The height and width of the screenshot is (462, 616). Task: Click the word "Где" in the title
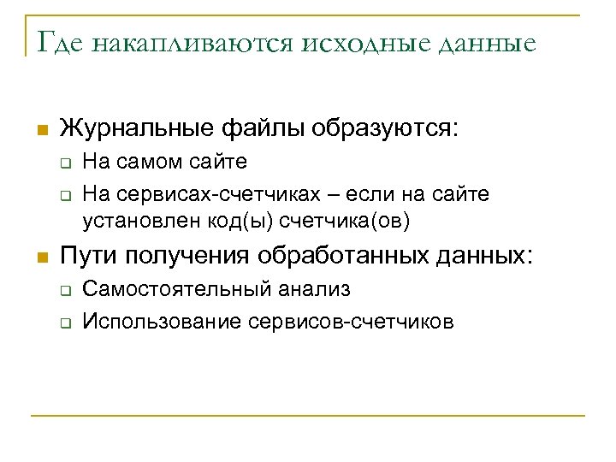coord(57,43)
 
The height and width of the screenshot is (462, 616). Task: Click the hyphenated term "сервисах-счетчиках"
coord(215,194)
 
